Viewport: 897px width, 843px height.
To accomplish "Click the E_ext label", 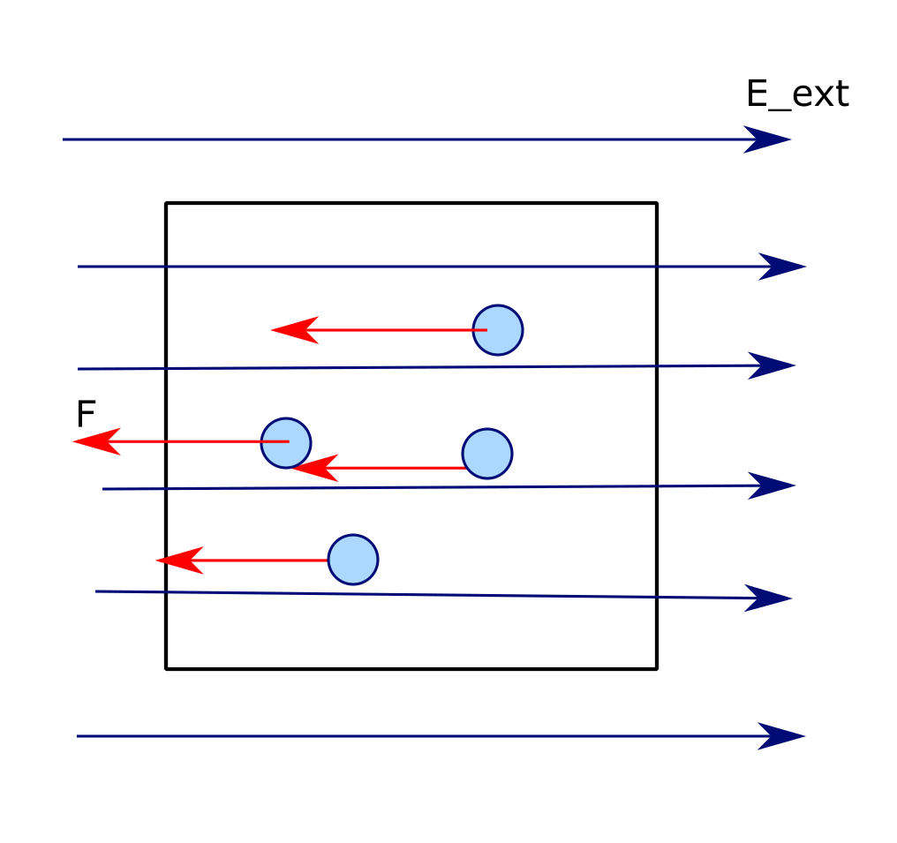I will [x=796, y=94].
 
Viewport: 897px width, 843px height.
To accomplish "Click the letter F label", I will [x=86, y=414].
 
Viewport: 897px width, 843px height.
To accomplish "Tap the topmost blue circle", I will [x=498, y=330].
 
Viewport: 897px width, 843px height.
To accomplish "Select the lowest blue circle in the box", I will [x=353, y=559].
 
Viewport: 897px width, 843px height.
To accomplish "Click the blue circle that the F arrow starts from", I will [x=286, y=442].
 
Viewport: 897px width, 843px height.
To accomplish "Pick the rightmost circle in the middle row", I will [x=487, y=454].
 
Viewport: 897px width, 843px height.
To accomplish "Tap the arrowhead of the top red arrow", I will [x=293, y=329].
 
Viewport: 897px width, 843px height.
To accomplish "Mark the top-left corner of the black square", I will [x=167, y=204].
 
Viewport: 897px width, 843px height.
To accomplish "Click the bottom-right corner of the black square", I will [x=656, y=668].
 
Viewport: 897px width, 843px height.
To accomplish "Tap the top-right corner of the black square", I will [x=656, y=204].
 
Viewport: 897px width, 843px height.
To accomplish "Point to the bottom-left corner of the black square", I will [x=167, y=668].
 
